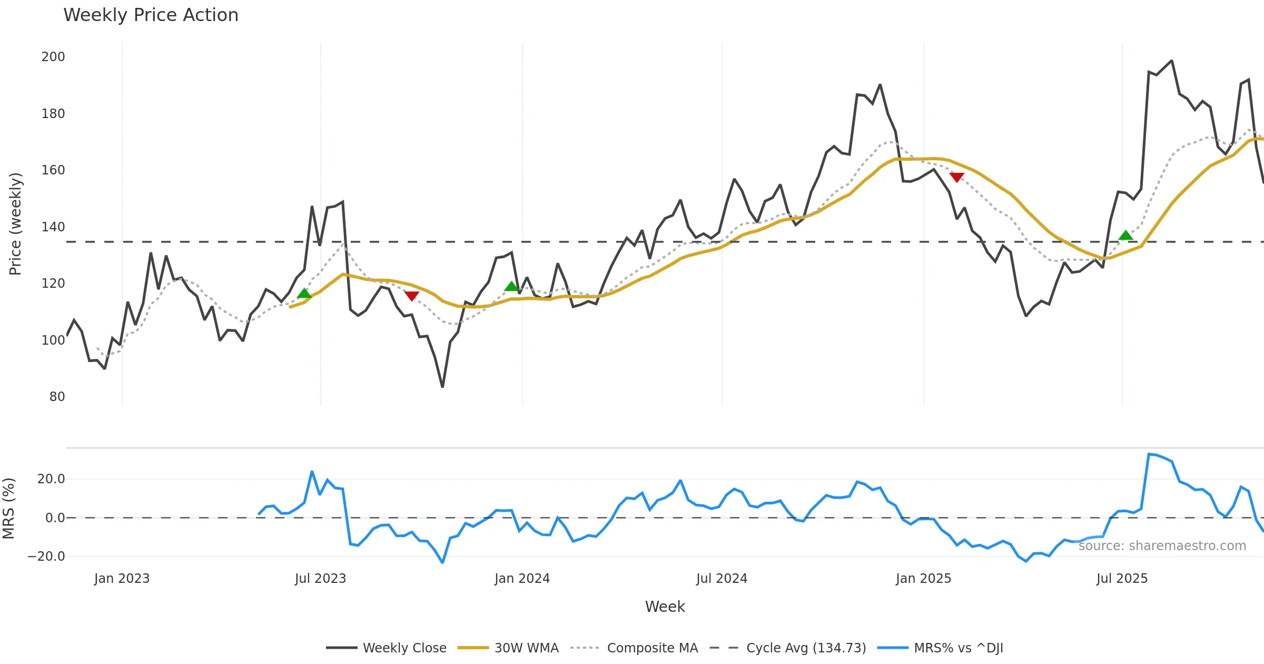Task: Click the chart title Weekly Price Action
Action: point(151,15)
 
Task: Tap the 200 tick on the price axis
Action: point(53,57)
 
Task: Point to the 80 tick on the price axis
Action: point(57,397)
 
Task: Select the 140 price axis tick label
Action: point(53,227)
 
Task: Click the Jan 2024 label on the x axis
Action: point(522,579)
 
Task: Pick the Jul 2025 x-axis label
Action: point(1122,579)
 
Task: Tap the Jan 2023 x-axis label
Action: point(122,579)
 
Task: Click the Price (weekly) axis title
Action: point(16,224)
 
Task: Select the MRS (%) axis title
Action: point(8,509)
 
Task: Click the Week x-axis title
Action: point(665,607)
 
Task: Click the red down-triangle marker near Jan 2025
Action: point(956,177)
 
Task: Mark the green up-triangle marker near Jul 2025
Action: point(1125,236)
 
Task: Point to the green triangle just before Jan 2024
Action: point(511,287)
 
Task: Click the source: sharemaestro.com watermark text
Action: point(1162,546)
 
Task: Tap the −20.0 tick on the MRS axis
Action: point(46,556)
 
